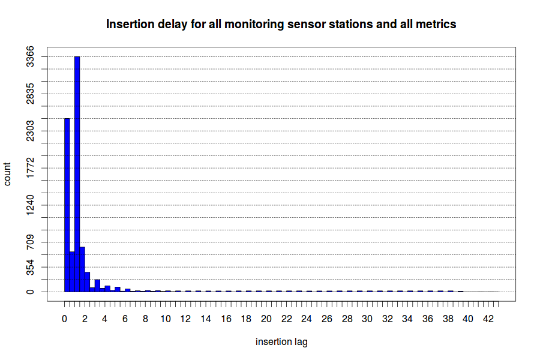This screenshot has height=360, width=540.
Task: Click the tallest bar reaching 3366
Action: [77, 174]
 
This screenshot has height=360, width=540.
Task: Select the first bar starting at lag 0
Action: [67, 205]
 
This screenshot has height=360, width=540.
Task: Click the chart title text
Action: [281, 24]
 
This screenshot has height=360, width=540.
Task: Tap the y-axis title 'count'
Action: [7, 175]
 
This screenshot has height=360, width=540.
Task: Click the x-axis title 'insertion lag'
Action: [281, 342]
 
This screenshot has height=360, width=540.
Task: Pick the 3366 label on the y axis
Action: [31, 56]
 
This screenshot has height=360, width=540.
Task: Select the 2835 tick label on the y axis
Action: [31, 94]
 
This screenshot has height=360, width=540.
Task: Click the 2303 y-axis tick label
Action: [31, 131]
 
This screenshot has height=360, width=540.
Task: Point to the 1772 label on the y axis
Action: [31, 168]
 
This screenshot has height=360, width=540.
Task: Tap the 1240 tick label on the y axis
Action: [31, 205]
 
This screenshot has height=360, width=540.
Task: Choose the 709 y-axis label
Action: [31, 242]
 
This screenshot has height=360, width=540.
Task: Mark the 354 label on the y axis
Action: [31, 267]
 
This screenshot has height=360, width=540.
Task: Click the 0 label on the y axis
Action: [31, 292]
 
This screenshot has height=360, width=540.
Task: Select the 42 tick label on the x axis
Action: [488, 319]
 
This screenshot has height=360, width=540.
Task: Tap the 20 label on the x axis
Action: [266, 319]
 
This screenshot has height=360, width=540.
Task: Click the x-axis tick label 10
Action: [166, 319]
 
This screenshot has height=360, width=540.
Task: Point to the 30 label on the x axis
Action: [367, 319]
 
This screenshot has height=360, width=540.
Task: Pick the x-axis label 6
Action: [125, 319]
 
